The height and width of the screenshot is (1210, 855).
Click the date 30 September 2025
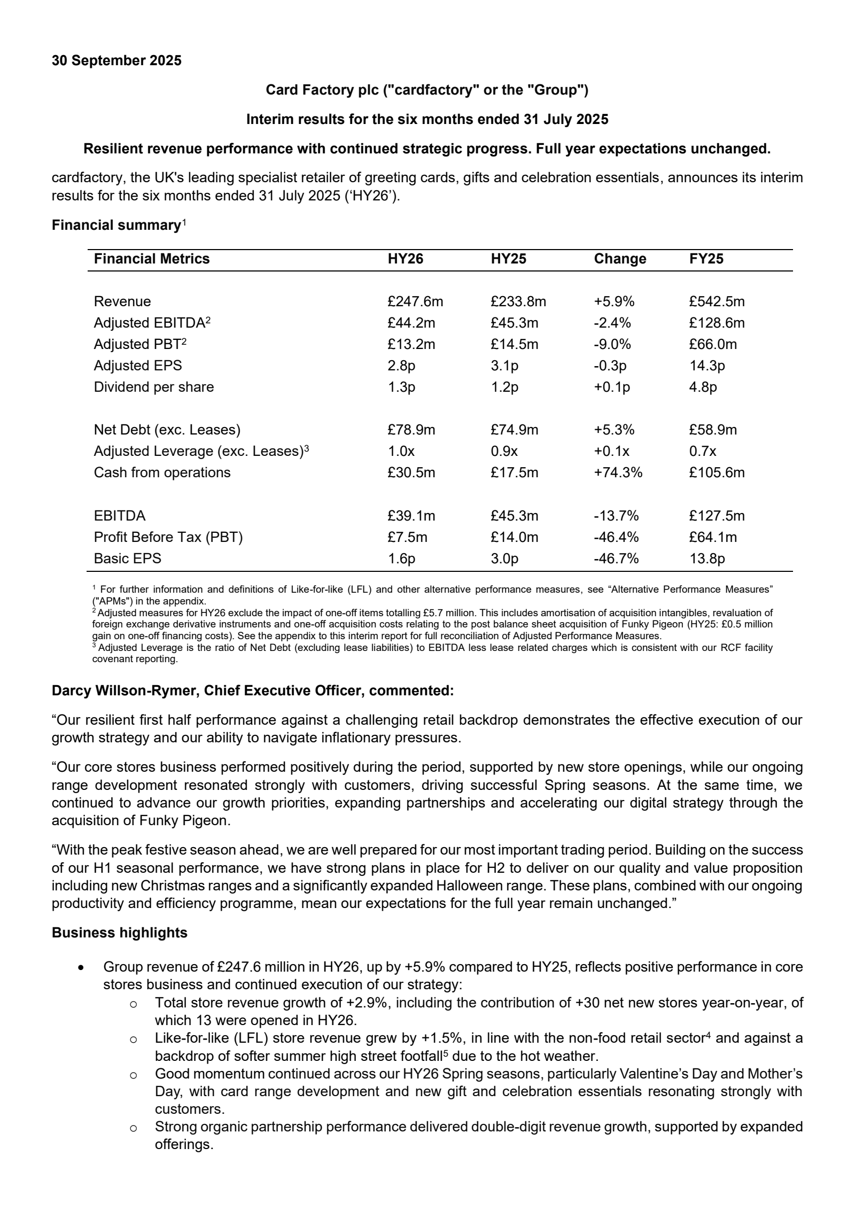click(x=116, y=60)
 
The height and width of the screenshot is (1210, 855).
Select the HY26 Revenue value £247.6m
click(x=415, y=301)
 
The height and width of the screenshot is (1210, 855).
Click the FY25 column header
click(x=706, y=259)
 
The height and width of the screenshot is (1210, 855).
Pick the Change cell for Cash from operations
click(x=618, y=472)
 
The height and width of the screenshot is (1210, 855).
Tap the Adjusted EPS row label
click(x=138, y=366)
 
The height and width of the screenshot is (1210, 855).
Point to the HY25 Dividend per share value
click(x=504, y=387)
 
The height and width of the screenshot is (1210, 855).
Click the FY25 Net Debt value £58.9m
click(x=713, y=430)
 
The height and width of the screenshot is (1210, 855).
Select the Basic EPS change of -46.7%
click(x=616, y=559)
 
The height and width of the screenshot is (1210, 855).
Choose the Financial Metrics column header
click(x=152, y=259)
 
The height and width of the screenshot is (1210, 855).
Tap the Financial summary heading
click(x=116, y=226)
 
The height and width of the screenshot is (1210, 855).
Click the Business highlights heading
click(x=120, y=933)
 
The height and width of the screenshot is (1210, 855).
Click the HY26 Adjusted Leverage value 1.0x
click(x=401, y=451)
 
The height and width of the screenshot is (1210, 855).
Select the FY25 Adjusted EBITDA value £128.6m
click(x=717, y=323)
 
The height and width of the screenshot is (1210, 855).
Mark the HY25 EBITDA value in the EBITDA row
click(x=514, y=516)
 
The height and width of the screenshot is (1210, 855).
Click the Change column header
click(x=620, y=259)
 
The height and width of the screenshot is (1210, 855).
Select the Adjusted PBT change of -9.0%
click(x=612, y=344)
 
